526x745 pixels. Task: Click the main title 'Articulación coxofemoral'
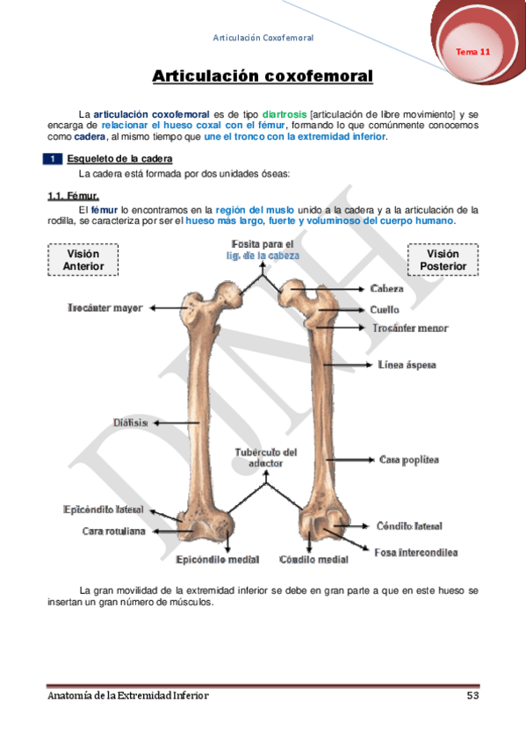(263, 76)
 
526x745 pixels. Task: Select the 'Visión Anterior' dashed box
(83, 260)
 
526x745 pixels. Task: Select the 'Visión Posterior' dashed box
(443, 260)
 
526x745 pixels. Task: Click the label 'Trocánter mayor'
(104, 307)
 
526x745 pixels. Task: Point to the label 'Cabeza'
(387, 288)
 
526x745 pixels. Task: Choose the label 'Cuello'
(385, 309)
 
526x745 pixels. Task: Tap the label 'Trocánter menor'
(410, 328)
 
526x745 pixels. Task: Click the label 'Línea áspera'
(407, 364)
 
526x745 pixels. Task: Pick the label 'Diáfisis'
(129, 423)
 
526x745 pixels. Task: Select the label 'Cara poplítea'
(408, 459)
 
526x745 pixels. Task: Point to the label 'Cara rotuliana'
(114, 531)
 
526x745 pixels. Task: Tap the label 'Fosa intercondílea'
(415, 553)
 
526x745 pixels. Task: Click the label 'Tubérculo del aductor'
(265, 457)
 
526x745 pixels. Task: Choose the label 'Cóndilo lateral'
(409, 526)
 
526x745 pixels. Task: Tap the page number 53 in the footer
(472, 696)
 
